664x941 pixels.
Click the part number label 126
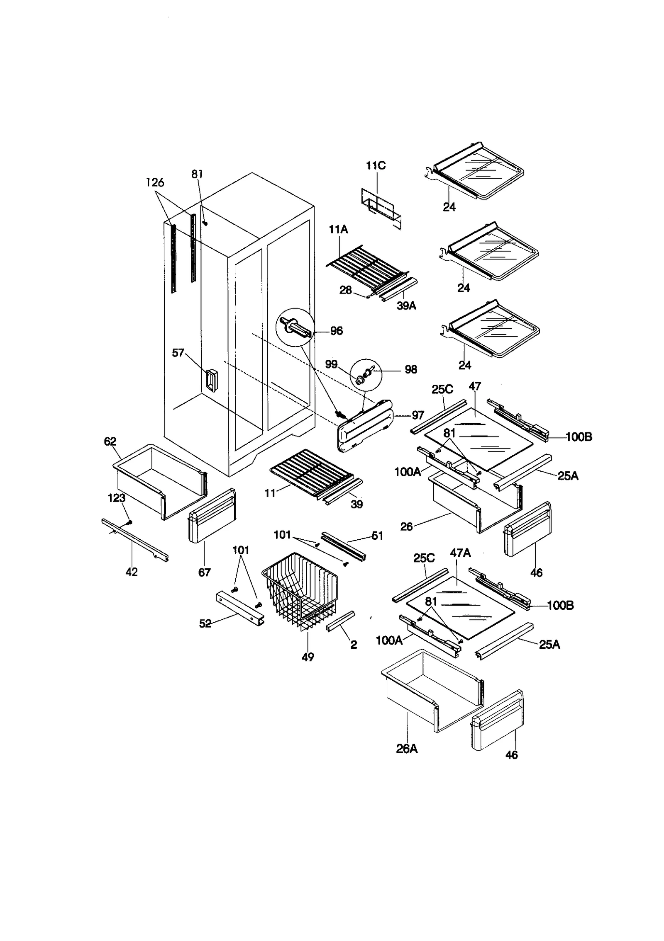155,182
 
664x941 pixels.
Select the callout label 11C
376,166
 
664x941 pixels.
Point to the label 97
417,415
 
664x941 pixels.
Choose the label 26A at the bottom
407,749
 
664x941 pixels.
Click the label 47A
460,553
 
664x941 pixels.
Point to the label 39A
406,306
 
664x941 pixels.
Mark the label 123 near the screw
117,498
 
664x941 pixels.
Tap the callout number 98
410,369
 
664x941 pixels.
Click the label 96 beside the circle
336,331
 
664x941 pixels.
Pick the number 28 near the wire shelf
345,290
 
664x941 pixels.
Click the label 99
331,364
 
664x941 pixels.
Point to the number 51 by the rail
377,536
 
